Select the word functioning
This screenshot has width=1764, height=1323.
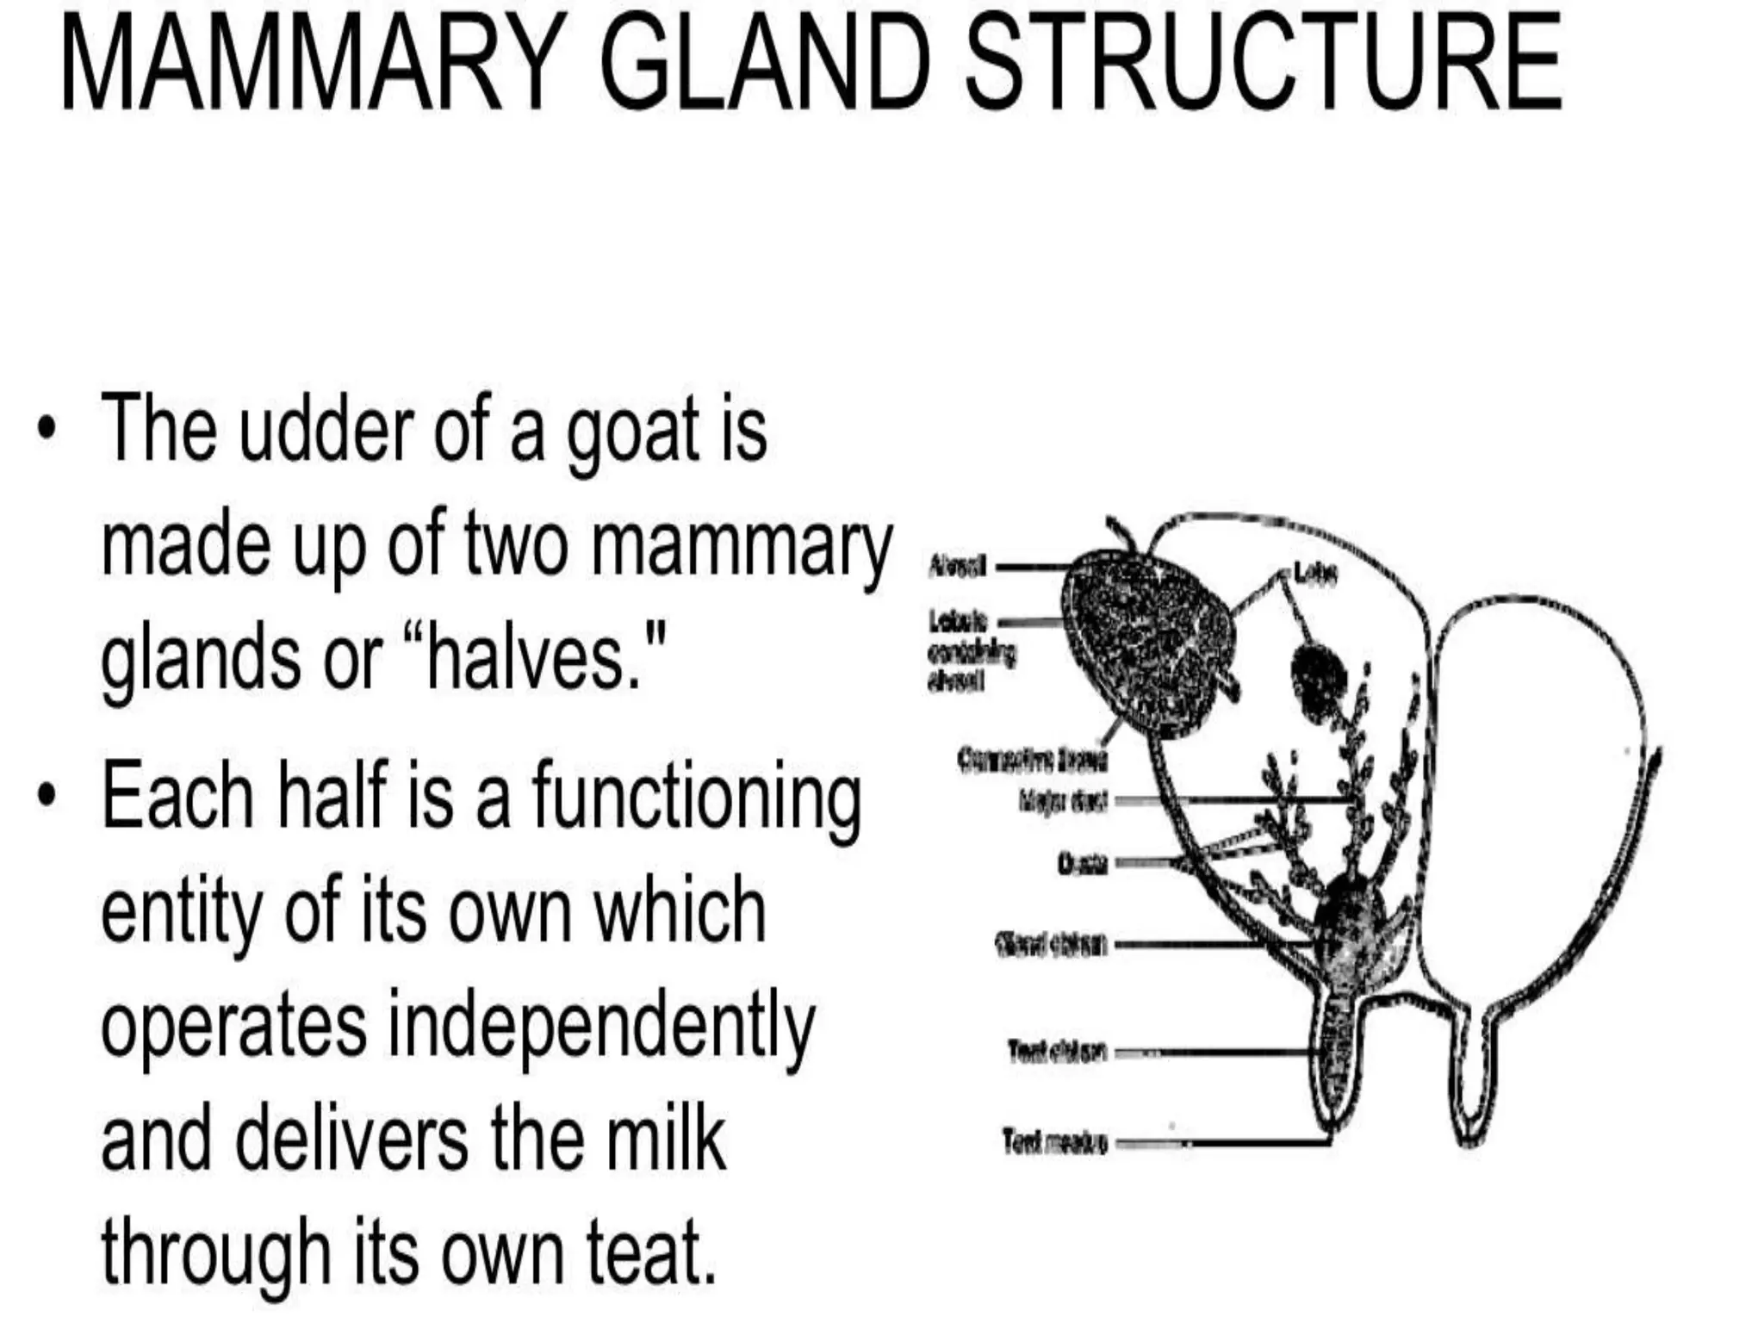[696, 796]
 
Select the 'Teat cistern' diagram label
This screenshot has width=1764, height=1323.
[1056, 1052]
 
